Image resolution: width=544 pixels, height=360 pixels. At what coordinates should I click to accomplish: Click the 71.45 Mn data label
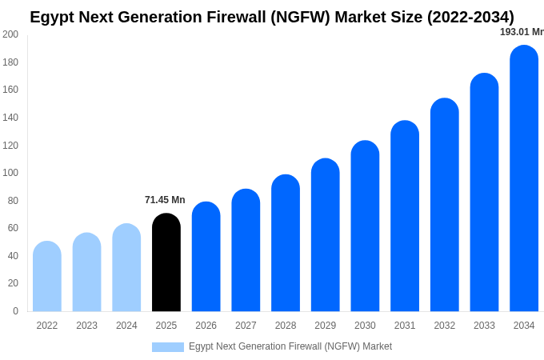165,200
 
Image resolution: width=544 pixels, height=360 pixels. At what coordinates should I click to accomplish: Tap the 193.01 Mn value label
522,32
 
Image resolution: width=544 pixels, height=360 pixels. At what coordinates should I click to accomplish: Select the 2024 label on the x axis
126,326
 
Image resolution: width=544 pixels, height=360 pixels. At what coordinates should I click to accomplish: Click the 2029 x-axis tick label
326,326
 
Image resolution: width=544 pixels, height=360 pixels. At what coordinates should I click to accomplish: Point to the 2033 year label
484,326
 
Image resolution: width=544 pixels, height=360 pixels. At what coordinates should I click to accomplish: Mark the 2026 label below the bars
206,326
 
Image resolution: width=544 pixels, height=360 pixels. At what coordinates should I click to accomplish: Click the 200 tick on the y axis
10,34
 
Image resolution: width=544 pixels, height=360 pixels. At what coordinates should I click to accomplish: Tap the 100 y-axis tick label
10,173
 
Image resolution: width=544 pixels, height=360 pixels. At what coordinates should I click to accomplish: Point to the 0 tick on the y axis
15,311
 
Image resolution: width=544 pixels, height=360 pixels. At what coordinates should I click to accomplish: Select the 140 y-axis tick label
10,118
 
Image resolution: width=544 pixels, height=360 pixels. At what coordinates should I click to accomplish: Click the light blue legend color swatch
168,347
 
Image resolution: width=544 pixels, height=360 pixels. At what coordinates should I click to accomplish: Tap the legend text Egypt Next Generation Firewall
290,346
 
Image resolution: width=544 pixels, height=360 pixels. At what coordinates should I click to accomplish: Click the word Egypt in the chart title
52,17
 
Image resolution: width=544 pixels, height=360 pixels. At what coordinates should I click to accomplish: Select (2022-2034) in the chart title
462,17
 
